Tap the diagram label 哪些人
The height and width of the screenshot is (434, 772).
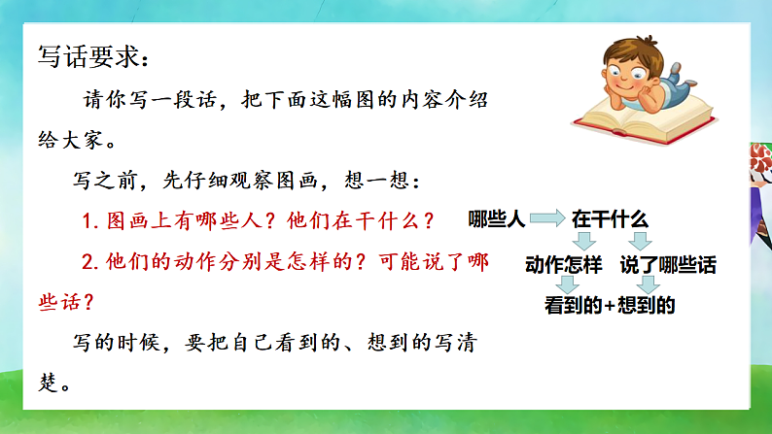[496, 220]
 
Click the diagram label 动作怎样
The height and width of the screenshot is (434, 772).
[564, 265]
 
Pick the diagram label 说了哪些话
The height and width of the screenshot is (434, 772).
[660, 265]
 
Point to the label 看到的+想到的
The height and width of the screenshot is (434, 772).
[610, 307]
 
